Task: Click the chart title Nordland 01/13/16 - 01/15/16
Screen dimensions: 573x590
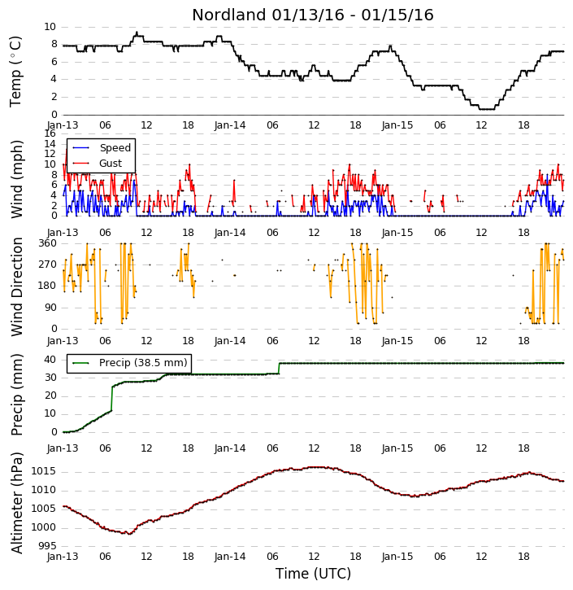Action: [313, 15]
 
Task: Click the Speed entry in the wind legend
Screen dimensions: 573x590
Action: [115, 148]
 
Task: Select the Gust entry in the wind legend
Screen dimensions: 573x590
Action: [111, 164]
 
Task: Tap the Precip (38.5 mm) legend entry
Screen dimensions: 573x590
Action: [143, 363]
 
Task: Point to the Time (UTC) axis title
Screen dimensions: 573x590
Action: [313, 574]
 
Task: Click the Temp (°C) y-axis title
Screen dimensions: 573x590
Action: [15, 72]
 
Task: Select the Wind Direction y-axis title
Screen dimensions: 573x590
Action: [16, 286]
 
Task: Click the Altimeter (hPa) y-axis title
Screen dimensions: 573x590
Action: [16, 503]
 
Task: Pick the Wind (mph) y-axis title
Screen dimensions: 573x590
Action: [16, 179]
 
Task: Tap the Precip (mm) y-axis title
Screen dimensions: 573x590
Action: [16, 395]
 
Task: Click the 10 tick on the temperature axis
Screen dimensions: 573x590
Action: [50, 27]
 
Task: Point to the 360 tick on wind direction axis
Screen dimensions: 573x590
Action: [48, 243]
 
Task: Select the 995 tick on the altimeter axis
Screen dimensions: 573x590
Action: [47, 546]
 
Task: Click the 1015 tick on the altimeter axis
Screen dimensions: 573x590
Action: [44, 471]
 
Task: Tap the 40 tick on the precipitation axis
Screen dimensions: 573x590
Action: [50, 360]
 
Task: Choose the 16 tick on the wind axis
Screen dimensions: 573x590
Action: [50, 133]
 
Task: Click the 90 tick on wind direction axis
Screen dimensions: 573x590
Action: [50, 308]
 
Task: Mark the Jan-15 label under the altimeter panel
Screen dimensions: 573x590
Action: [397, 557]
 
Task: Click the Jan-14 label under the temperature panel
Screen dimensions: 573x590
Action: [230, 125]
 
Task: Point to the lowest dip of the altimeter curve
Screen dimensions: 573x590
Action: [130, 534]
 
